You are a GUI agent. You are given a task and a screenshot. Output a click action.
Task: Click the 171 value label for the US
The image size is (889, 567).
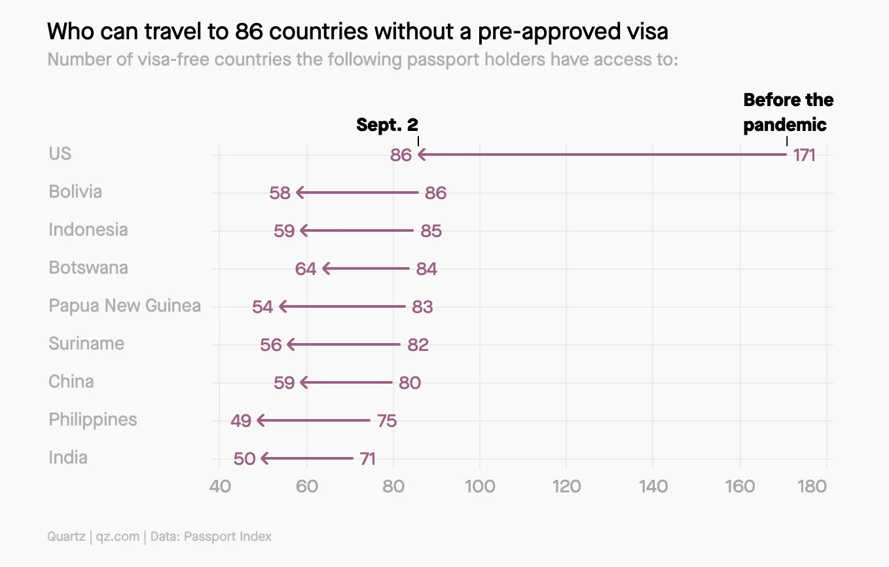point(804,155)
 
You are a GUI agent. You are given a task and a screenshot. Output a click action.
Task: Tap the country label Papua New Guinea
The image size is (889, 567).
point(124,306)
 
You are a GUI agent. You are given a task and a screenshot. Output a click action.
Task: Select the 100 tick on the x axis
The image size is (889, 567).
point(480,486)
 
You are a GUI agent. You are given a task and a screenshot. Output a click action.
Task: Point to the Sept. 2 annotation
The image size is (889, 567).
point(387,125)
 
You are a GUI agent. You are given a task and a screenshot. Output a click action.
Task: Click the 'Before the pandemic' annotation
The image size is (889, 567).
point(788,112)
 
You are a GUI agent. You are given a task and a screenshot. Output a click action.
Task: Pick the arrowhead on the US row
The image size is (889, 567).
point(422,155)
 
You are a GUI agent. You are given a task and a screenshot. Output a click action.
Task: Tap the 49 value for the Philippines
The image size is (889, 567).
point(241,420)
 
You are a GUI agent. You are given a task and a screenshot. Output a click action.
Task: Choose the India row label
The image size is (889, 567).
point(68,457)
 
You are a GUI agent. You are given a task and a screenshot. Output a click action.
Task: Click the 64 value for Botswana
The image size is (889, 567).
point(306,269)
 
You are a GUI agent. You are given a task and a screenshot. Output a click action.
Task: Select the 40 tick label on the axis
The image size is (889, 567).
point(219,486)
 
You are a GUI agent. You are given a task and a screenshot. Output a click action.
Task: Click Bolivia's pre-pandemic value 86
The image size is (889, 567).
point(435,193)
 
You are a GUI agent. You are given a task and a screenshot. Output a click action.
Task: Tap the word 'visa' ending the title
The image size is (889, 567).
point(647,31)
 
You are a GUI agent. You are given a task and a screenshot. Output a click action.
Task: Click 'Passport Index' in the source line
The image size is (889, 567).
point(227,537)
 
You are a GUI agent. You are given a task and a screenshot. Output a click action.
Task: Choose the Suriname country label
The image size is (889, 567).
point(86,344)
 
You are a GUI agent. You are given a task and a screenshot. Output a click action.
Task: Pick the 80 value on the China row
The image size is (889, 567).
point(410,383)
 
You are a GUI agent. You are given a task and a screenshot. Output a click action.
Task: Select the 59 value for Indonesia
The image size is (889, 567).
point(284,231)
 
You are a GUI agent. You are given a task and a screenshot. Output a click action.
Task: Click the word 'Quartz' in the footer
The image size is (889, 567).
point(65,537)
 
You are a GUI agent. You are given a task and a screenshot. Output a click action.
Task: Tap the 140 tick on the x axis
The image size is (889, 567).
point(653,486)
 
